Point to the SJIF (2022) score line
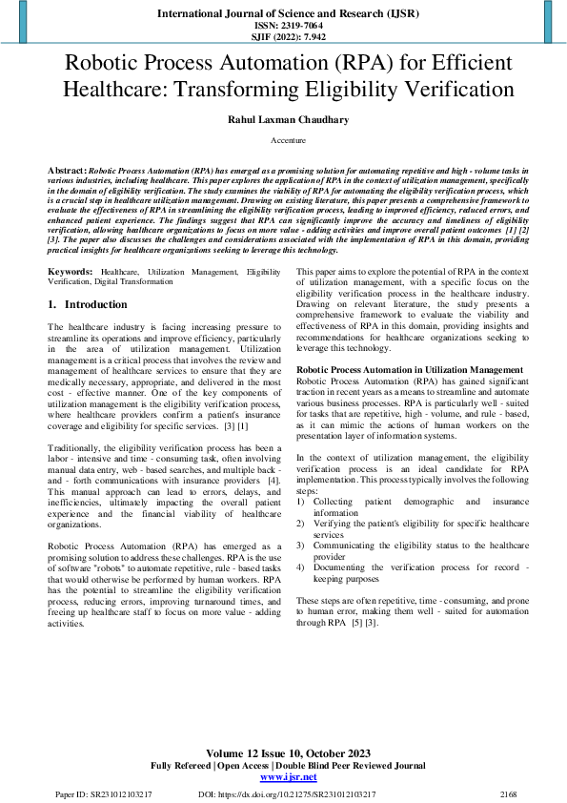[x=283, y=37]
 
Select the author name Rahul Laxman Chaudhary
[x=283, y=119]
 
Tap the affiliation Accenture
[x=283, y=140]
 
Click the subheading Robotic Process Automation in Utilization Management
[x=409, y=369]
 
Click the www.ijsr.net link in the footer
[x=283, y=778]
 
